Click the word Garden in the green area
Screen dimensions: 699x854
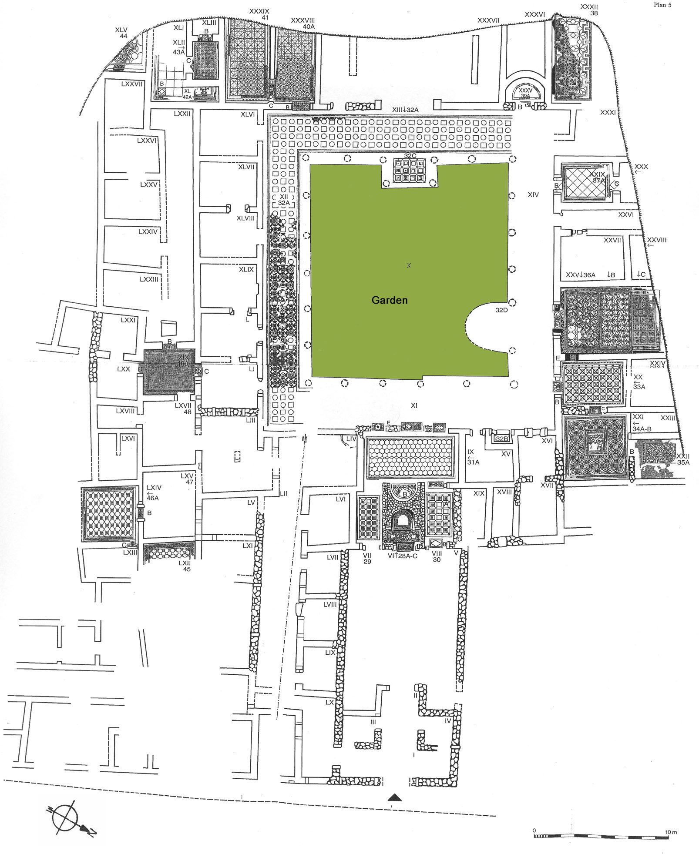pos(389,300)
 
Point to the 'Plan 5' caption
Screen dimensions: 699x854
pos(663,5)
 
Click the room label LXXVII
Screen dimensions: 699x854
pos(132,84)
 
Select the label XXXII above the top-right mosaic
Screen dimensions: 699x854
pos(589,7)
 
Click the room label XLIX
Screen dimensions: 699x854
pos(246,270)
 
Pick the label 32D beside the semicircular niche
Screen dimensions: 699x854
pos(501,311)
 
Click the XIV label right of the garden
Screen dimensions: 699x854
pos(533,195)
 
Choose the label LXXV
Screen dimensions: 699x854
pos(148,184)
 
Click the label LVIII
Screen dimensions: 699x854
pos(331,605)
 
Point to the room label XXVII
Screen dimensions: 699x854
pos(612,240)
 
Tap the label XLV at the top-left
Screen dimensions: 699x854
pos(121,30)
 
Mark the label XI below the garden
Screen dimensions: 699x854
pos(414,405)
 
